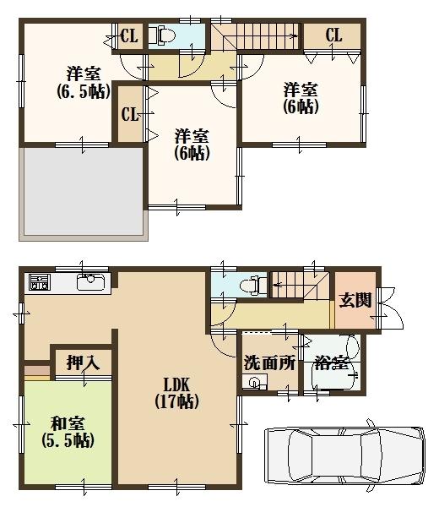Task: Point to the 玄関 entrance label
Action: click(x=355, y=300)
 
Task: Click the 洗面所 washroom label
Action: click(x=268, y=363)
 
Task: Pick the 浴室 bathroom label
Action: click(x=331, y=364)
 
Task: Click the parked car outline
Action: click(x=347, y=455)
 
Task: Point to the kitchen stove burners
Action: click(x=39, y=282)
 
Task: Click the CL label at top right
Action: click(x=333, y=35)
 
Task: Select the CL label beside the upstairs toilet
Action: click(x=129, y=35)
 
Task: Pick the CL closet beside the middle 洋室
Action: click(x=130, y=114)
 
